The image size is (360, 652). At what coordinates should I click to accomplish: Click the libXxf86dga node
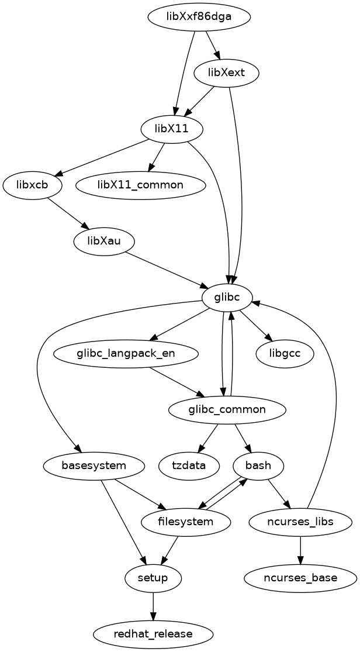coord(199,16)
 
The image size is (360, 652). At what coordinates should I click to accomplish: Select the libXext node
coord(234,73)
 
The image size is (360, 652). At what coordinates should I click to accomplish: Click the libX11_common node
coord(140,185)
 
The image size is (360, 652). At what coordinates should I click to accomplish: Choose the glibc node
coord(227,298)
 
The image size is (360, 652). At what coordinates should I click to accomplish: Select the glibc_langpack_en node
coord(126,354)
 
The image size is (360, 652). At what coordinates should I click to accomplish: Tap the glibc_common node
coord(227,410)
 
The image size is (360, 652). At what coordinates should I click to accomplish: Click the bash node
coord(258,466)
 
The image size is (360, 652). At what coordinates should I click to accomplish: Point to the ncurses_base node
coord(300,578)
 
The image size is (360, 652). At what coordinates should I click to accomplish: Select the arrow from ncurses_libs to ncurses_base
coord(300,550)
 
